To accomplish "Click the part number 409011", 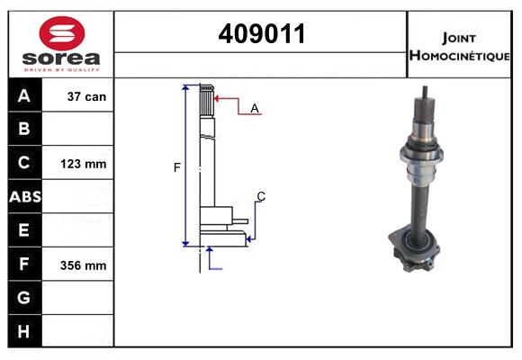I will point(261,33).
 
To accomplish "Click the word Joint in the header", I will point(459,37).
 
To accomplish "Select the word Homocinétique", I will point(459,55).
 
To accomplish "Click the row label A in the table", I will point(24,96).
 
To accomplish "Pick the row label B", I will point(24,130).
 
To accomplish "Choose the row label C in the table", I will point(24,164).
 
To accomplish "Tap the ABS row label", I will point(24,197).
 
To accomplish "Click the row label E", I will point(24,230).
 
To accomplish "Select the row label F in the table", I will point(24,265).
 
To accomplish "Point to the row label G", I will point(24,298).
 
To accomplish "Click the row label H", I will point(24,332).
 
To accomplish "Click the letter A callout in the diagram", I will point(255,108).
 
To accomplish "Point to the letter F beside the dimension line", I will point(177,167).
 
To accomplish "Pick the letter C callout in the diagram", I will point(261,196).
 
